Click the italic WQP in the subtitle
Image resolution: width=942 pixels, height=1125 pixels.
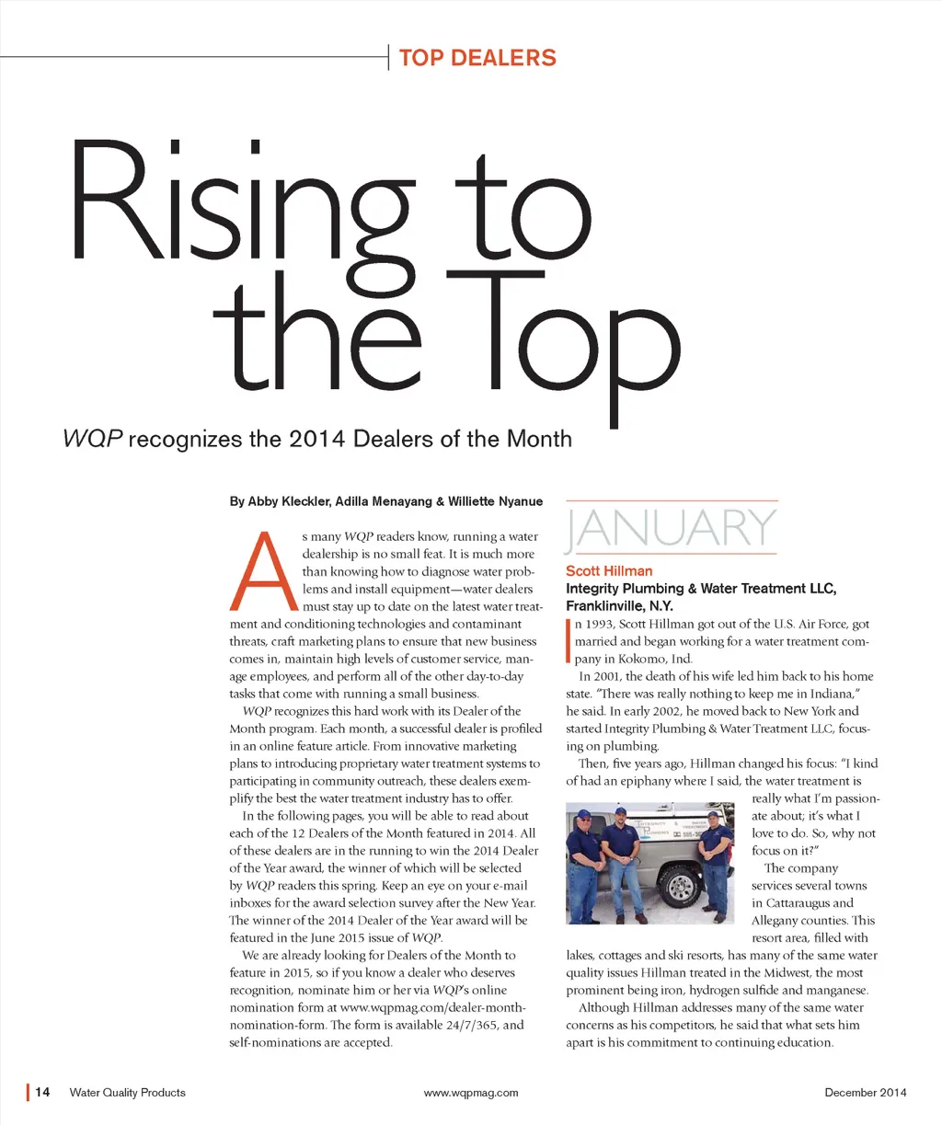click(92, 439)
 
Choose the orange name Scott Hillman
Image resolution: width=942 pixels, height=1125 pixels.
click(609, 571)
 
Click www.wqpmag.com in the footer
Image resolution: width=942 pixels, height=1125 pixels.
click(471, 1093)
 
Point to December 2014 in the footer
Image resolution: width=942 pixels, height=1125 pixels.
click(865, 1093)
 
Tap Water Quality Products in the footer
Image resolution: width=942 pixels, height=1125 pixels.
click(127, 1093)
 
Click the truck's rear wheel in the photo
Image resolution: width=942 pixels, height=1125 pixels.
click(680, 885)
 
